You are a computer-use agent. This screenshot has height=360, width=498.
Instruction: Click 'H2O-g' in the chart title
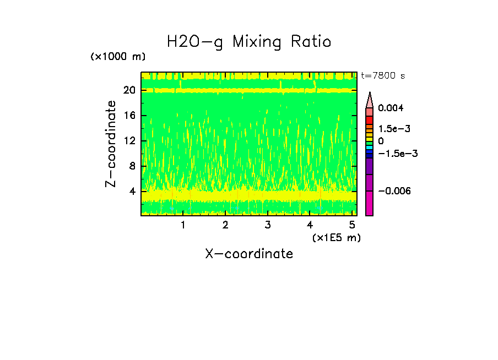point(195,42)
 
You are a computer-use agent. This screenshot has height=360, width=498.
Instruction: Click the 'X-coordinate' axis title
point(249,254)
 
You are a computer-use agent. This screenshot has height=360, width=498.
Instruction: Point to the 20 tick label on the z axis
point(129,90)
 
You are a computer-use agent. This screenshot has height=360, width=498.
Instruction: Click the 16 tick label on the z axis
point(129,116)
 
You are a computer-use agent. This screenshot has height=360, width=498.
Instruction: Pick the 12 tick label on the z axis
point(129,141)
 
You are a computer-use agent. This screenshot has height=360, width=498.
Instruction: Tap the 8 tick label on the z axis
point(132,166)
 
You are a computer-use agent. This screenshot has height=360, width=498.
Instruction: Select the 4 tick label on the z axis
point(132,192)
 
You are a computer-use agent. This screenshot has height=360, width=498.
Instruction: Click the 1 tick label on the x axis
point(183,225)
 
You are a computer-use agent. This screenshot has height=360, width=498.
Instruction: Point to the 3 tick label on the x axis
point(268,225)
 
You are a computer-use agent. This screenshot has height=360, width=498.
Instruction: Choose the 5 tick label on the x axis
point(353,225)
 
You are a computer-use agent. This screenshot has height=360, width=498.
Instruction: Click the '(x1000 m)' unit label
point(118,57)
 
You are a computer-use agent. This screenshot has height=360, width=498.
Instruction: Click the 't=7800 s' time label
point(383,76)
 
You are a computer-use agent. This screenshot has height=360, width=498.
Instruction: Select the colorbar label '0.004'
point(391,108)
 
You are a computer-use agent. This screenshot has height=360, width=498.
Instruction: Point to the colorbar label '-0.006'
point(394,191)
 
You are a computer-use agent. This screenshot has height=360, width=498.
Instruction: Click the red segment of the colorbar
point(370,121)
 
